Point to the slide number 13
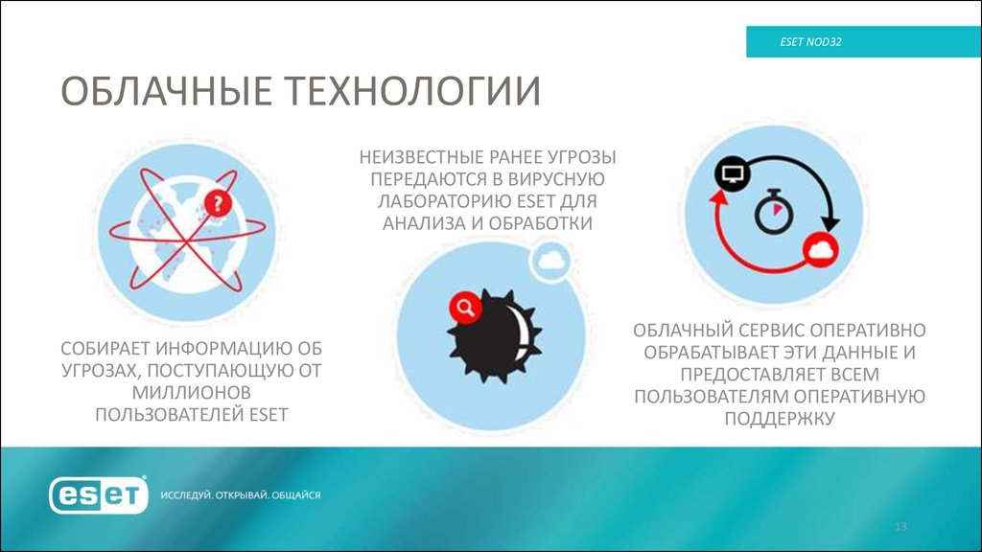(900, 528)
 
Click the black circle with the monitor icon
(732, 174)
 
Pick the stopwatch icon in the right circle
(771, 212)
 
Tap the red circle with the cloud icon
(822, 250)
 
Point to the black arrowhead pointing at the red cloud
(830, 224)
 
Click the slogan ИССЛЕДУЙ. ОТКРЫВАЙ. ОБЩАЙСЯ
(241, 495)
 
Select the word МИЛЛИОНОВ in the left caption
(192, 391)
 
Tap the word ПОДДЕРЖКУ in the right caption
(778, 418)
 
